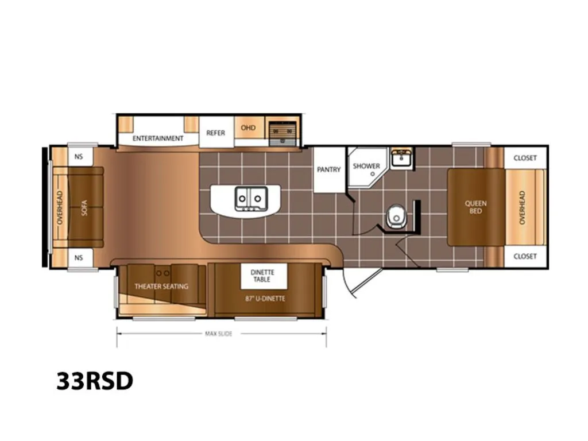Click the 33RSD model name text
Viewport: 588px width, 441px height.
click(x=95, y=381)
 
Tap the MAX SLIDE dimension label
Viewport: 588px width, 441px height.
click(x=219, y=334)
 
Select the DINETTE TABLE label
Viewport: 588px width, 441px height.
click(x=262, y=276)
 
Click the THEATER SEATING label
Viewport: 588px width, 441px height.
click(x=161, y=287)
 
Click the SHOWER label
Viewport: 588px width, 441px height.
click(x=366, y=166)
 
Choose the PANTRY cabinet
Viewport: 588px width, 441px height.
click(x=329, y=170)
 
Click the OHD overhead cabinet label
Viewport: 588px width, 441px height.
click(x=248, y=128)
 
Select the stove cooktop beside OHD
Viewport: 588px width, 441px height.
click(x=283, y=134)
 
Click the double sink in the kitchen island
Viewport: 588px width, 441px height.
click(x=252, y=198)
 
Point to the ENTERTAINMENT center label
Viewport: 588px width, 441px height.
click(x=158, y=138)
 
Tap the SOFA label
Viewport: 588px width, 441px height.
click(x=84, y=207)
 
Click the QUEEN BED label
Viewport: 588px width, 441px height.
click(x=475, y=207)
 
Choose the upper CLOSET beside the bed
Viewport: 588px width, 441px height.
click(x=525, y=158)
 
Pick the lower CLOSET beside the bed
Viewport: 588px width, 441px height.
click(x=525, y=257)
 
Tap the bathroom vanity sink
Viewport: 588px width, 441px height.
click(x=401, y=158)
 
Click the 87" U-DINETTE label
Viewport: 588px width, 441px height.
click(x=265, y=299)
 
